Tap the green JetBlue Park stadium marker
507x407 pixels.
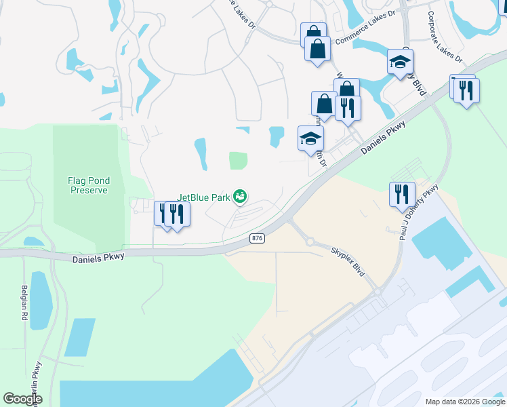(x=239, y=197)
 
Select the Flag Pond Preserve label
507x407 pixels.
(x=89, y=185)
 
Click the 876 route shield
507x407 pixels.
(x=257, y=238)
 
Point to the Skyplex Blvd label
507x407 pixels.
(x=348, y=261)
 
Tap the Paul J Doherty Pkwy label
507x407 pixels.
(x=419, y=213)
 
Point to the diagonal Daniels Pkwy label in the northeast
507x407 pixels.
(x=384, y=137)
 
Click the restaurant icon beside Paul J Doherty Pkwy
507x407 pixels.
(x=402, y=193)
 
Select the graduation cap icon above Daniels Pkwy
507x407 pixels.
(x=311, y=138)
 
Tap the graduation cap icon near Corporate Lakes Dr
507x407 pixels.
(x=400, y=61)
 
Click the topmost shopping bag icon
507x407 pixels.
(x=313, y=33)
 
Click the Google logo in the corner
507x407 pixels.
(x=22, y=399)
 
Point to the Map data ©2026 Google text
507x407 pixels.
(x=464, y=402)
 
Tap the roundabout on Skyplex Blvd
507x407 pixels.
(x=311, y=241)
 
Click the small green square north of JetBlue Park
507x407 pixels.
(x=238, y=161)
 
